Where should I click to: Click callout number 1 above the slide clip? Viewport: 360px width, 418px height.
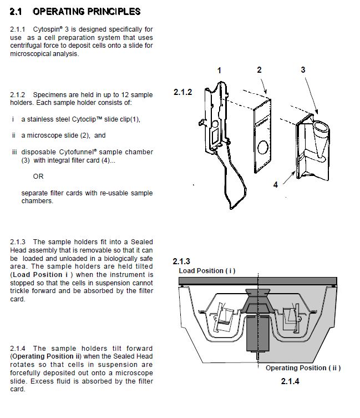pyautogui.click(x=220, y=70)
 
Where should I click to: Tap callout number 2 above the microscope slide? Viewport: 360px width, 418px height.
pyautogui.click(x=259, y=69)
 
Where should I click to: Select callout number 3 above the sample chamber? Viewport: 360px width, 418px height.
pyautogui.click(x=303, y=69)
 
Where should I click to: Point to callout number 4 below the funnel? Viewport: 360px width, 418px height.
pyautogui.click(x=276, y=184)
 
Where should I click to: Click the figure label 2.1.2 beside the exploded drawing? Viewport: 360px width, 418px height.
pyautogui.click(x=182, y=92)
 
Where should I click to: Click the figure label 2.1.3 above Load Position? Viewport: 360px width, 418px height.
pyautogui.click(x=181, y=261)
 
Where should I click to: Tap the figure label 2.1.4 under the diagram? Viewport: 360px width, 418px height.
pyautogui.click(x=290, y=381)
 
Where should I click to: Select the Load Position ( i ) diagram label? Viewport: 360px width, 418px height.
pyautogui.click(x=207, y=271)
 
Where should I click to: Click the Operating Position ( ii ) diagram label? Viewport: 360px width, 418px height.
pyautogui.click(x=303, y=368)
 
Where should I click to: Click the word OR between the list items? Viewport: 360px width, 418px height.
pyautogui.click(x=38, y=177)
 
